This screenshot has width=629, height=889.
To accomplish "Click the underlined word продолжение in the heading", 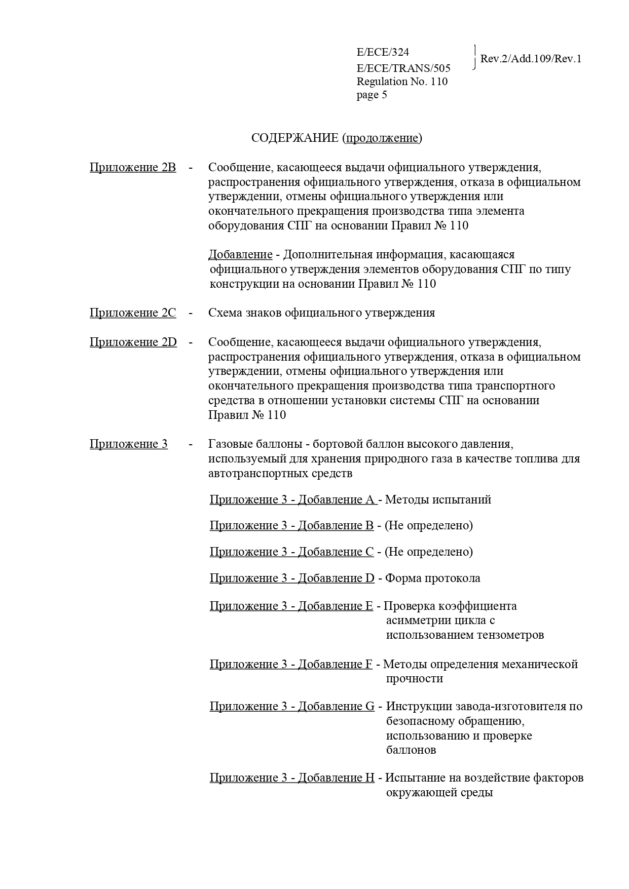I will (382, 138).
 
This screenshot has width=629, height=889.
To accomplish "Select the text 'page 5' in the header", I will (372, 95).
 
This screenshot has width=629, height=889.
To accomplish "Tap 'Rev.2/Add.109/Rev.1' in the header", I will (530, 59).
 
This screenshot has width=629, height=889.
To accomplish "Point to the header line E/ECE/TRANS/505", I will (403, 68).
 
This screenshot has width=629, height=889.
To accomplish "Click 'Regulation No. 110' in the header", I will (402, 82).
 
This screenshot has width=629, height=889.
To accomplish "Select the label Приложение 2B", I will (133, 168).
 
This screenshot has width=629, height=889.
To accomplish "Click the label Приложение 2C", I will (133, 313).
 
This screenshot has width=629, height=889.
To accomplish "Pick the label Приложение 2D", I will (133, 342).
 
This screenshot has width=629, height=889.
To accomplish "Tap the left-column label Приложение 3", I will (128, 444).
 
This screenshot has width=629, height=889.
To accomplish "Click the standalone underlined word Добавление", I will (240, 255).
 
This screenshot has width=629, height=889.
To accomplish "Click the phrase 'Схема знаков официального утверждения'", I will (321, 313).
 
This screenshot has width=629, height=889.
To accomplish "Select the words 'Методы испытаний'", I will (438, 500).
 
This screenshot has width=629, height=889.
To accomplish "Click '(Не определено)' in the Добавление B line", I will (428, 526).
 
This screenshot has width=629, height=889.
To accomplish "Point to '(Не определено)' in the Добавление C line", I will (428, 552).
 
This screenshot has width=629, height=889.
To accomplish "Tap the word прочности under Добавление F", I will (414, 679).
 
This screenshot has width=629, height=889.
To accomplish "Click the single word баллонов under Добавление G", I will (411, 750).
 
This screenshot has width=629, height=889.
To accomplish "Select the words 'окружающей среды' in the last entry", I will (439, 793).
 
